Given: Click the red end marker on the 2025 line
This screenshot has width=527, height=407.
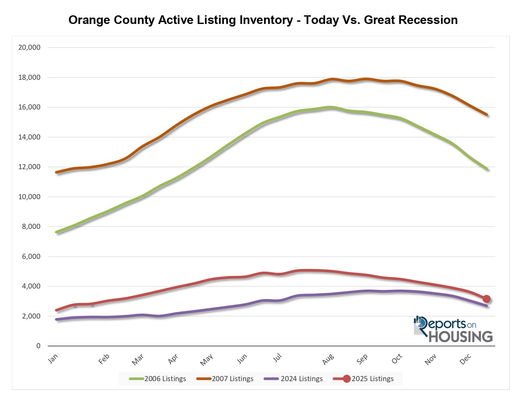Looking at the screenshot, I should coord(486,299).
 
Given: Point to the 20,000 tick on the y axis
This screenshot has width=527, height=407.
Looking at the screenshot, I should coord(29,48).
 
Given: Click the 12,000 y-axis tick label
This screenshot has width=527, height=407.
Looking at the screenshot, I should coord(29,167).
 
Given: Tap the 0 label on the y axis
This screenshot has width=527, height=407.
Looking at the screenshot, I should coord(38,346).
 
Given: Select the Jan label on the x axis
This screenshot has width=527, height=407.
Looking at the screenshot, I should coord(53,358).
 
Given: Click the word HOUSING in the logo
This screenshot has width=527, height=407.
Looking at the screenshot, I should coord(460,337).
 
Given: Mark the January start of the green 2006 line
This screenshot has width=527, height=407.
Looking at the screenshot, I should coord(57,232).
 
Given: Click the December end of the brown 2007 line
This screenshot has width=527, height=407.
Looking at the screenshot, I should coord(487,115).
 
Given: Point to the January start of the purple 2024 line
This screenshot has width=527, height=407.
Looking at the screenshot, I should coord(57,319).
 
